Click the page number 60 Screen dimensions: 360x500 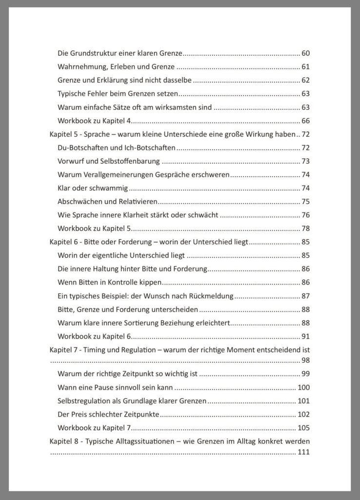coord(306,53)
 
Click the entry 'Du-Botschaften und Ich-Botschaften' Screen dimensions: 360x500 coord(117,147)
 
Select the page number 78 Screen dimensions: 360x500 coord(306,229)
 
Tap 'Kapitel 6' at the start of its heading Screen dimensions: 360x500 coord(64,242)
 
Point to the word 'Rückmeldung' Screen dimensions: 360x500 coord(211,296)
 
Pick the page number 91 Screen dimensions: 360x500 coord(306,336)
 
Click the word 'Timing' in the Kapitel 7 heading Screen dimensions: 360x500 coord(99,350)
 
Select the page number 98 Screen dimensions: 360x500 coord(306,360)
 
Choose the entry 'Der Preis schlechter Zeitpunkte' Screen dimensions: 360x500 coord(108,415)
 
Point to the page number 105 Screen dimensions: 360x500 coord(304,428)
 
